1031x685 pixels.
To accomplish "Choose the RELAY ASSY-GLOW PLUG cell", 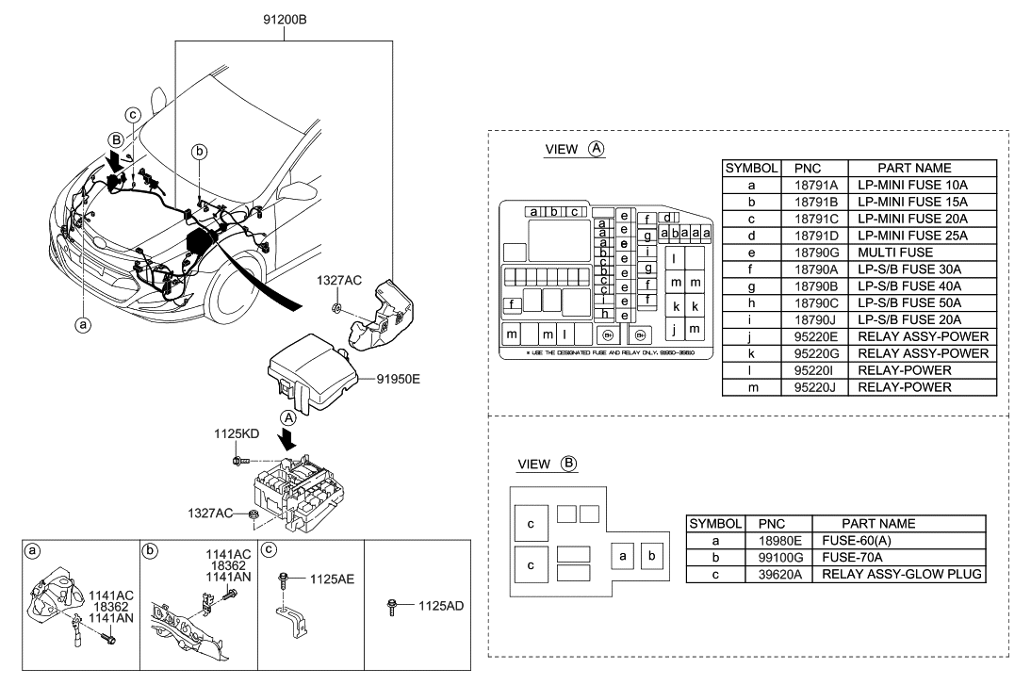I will [x=902, y=574].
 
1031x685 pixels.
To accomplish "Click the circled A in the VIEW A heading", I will [x=596, y=149].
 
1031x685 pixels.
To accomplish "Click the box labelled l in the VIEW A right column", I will [x=675, y=259].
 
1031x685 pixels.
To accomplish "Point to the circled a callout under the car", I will [x=83, y=323].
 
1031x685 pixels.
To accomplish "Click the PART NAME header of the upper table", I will [x=908, y=168].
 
